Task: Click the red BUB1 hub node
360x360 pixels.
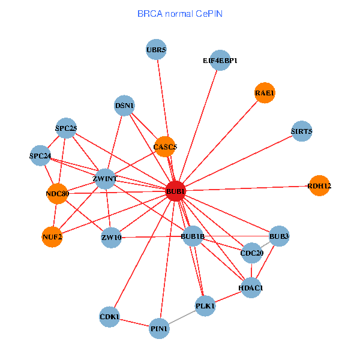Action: click(x=175, y=191)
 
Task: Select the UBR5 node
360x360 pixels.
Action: click(x=156, y=50)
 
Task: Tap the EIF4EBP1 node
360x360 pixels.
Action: click(x=220, y=60)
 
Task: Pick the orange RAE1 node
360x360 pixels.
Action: click(x=265, y=93)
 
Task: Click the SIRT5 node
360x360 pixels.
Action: click(x=301, y=131)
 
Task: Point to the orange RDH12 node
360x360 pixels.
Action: click(x=319, y=186)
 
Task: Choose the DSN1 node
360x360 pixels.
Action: click(x=125, y=106)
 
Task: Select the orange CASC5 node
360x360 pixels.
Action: click(x=164, y=146)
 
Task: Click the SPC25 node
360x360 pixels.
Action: click(x=66, y=127)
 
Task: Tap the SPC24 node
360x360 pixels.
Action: click(x=40, y=156)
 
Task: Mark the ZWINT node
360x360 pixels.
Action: click(x=105, y=178)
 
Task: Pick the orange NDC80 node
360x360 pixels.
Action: click(x=57, y=193)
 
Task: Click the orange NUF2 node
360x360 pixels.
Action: click(x=52, y=236)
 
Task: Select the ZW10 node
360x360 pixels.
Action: click(x=112, y=237)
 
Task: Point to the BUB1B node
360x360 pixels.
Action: click(x=193, y=236)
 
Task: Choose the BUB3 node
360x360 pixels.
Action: click(x=279, y=236)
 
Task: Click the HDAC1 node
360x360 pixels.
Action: click(x=250, y=287)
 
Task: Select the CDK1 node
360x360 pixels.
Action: click(x=110, y=316)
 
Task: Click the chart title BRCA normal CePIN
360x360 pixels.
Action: click(x=180, y=13)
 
